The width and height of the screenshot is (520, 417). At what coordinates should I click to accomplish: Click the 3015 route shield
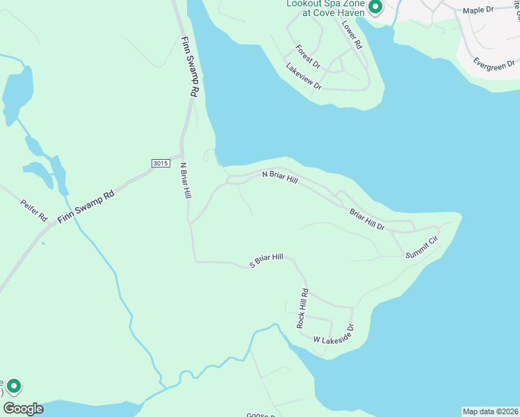(x=160, y=163)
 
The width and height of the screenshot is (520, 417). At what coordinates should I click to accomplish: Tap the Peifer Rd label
(x=33, y=210)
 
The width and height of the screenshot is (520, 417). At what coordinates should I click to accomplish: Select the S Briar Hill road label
(x=267, y=259)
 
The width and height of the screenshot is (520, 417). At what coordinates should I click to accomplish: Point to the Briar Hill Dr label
(x=367, y=220)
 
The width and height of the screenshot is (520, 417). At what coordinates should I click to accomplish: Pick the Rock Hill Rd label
(x=302, y=308)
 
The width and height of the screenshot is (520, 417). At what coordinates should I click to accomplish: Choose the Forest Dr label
(x=307, y=56)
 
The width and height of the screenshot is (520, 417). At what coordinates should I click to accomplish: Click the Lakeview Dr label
(x=304, y=76)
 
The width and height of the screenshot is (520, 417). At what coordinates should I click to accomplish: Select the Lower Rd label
(x=352, y=34)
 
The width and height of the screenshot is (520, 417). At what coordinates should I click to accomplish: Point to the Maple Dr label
(x=478, y=10)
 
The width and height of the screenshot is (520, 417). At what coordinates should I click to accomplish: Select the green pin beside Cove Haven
(x=375, y=8)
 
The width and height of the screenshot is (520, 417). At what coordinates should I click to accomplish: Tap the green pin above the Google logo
(x=13, y=386)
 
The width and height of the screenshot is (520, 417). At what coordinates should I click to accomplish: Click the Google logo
(x=23, y=409)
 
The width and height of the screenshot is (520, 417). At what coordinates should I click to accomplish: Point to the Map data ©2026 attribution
(x=490, y=411)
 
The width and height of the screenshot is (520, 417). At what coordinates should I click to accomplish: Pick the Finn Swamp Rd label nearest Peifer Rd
(x=85, y=207)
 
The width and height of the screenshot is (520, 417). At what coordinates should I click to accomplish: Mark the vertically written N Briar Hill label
(x=185, y=181)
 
